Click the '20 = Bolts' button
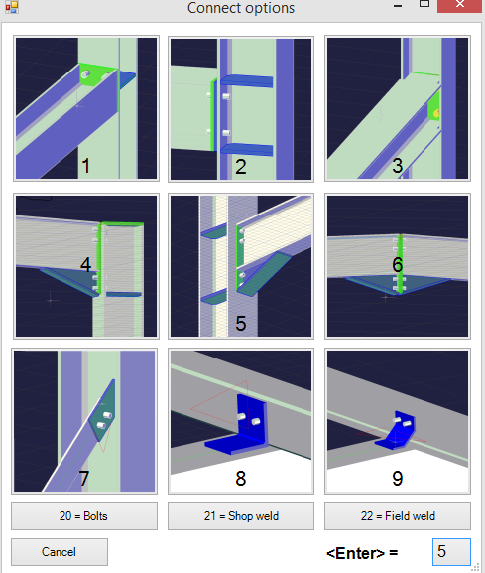[x=84, y=516]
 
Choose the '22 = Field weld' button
[x=398, y=516]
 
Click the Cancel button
[x=60, y=552]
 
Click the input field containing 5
[x=451, y=552]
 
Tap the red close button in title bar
[x=460, y=5]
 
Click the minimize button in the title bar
[x=398, y=6]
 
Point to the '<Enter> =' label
[x=362, y=553]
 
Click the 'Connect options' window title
[x=241, y=8]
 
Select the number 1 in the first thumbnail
[x=86, y=166]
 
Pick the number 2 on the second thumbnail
[x=240, y=167]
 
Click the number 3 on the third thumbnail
[x=398, y=166]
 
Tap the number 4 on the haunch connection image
[x=85, y=264]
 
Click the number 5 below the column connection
[x=240, y=323]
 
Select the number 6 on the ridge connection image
[x=398, y=264]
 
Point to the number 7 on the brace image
[x=84, y=478]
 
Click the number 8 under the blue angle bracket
[x=240, y=479]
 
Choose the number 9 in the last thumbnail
[x=398, y=479]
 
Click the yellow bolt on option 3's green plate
[x=436, y=114]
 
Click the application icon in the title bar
[x=12, y=7]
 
